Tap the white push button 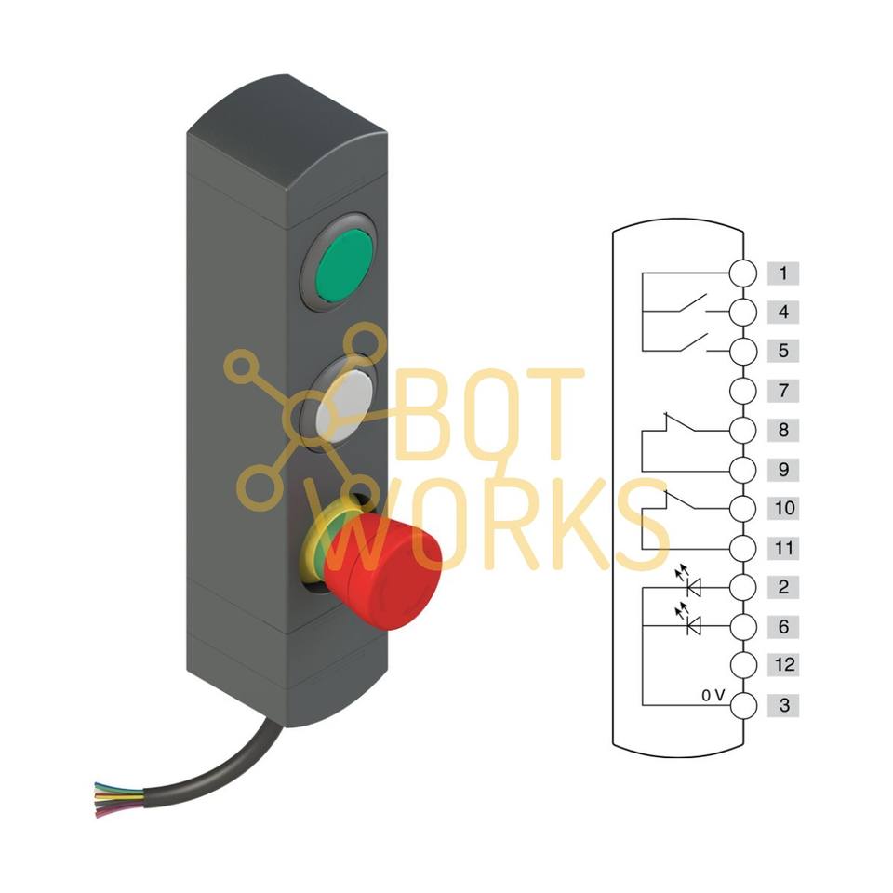pos(344,406)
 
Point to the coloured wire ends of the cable pos(118,799)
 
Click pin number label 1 pos(783,273)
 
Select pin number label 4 pos(783,313)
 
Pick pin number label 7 pos(783,391)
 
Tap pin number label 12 pos(783,664)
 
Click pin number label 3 pos(783,705)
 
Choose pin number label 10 pos(783,508)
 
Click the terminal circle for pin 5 pos(742,351)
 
